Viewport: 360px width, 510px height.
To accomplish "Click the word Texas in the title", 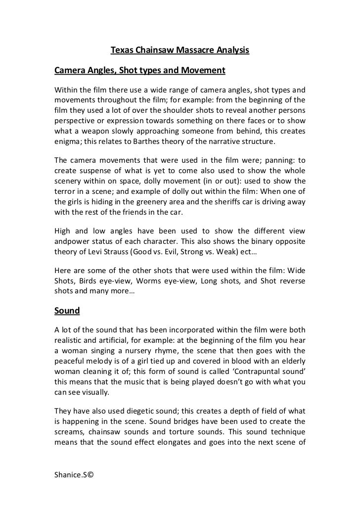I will coord(120,50).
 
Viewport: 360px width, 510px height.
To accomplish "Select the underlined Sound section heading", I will coord(67,311).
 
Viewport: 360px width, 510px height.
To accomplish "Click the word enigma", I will coord(68,142).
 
